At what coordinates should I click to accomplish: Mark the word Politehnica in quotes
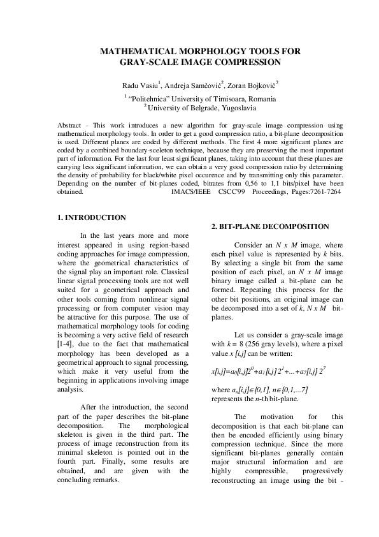(150, 99)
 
